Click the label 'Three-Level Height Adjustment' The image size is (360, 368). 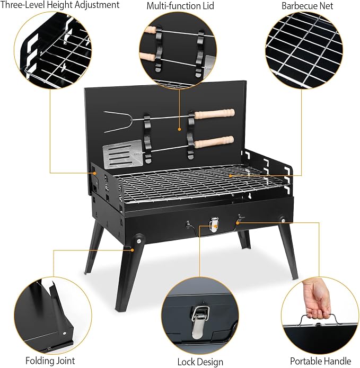coord(60,5)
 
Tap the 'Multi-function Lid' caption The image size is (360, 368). coord(180,6)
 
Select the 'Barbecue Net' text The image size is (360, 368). coord(307,6)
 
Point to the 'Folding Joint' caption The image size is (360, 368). coord(50,361)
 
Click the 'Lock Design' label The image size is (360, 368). coord(200,362)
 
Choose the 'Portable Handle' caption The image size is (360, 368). coord(321,361)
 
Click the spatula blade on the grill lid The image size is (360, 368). coord(122,155)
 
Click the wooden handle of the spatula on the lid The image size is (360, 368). coord(214,142)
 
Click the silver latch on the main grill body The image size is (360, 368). coord(214,225)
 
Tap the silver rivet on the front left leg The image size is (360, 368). coord(139,240)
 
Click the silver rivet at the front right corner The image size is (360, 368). coord(284,220)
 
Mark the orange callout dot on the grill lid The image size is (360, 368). coord(179,129)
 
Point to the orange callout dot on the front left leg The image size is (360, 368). coord(133,250)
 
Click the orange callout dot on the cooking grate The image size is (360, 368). coord(231,176)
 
